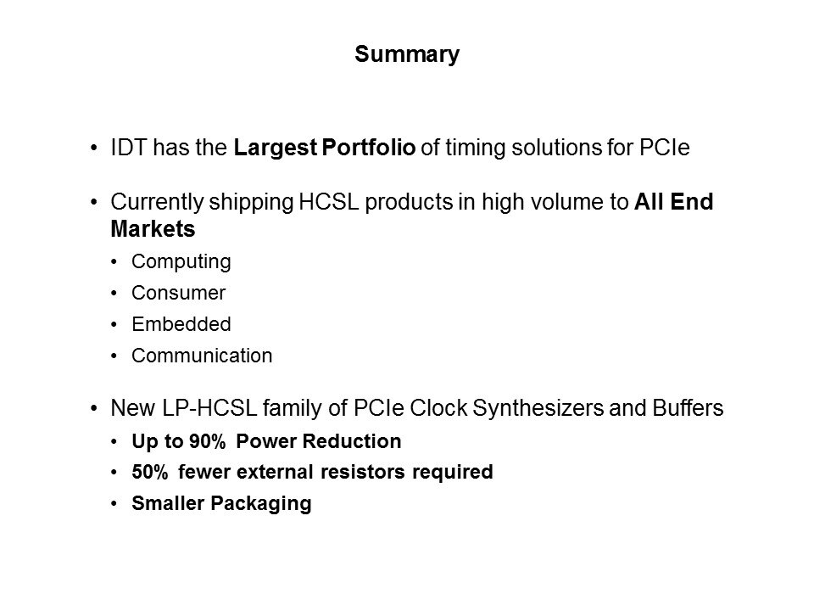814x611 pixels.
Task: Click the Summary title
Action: [x=407, y=55]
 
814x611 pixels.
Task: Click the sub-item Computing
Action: [x=181, y=262]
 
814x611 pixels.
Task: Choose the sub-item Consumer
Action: [x=179, y=294]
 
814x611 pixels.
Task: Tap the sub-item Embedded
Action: [x=181, y=324]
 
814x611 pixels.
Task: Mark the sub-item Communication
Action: [x=202, y=356]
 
